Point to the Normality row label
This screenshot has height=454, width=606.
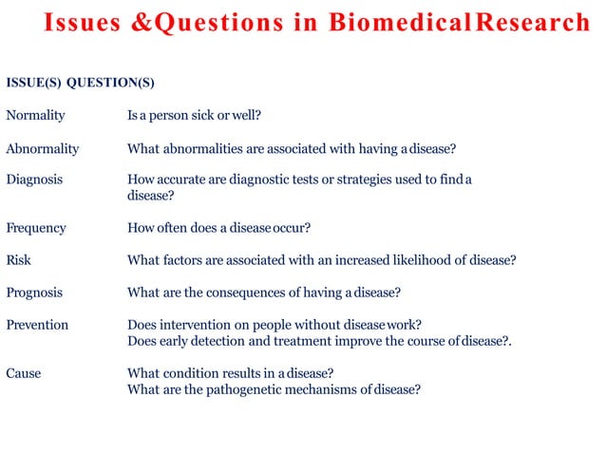pyautogui.click(x=35, y=116)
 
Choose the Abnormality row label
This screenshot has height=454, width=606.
pyautogui.click(x=43, y=148)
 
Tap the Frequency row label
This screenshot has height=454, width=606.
pyautogui.click(x=36, y=228)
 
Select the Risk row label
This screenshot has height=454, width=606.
pyautogui.click(x=19, y=259)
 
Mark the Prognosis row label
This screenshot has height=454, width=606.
pyautogui.click(x=35, y=292)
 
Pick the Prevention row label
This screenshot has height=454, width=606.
pyautogui.click(x=37, y=325)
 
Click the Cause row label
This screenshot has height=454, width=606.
pyautogui.click(x=24, y=373)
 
